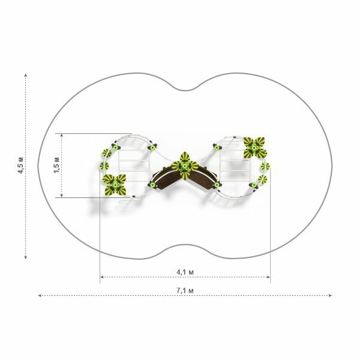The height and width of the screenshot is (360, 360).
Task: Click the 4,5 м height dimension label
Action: point(20,166)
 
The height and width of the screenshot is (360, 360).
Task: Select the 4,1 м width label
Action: point(185,272)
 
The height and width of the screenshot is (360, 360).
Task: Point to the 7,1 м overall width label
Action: point(185,290)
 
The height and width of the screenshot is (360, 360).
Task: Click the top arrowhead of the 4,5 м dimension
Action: point(26,75)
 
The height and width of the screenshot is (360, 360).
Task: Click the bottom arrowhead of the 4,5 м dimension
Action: point(26,257)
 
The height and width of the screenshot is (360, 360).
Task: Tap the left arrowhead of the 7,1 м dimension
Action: point(40,295)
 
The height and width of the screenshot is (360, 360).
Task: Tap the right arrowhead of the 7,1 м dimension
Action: point(331,295)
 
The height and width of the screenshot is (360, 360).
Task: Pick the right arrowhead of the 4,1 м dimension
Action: point(268,277)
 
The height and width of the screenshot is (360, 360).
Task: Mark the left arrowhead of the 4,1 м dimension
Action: point(102,277)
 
